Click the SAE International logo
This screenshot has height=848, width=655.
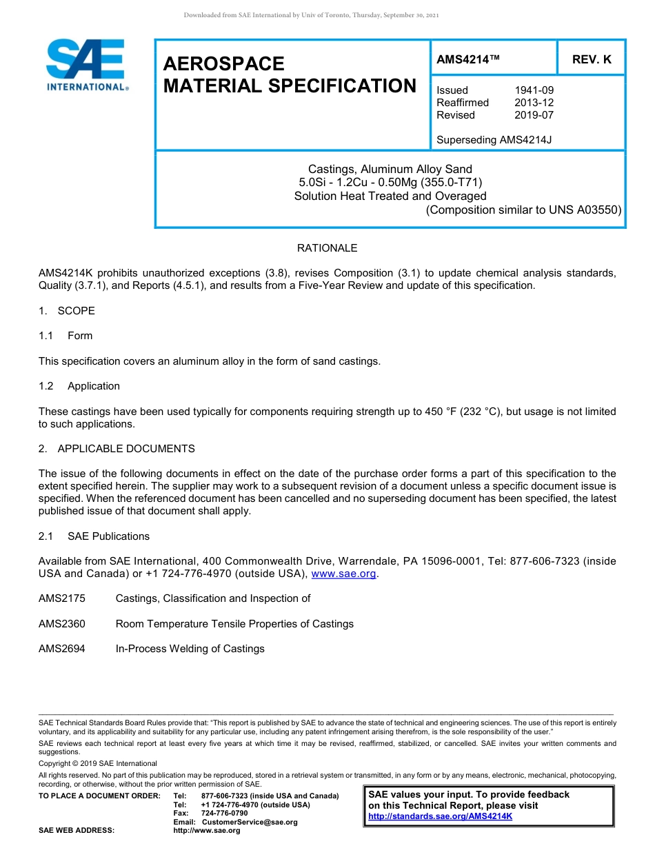tap(85, 65)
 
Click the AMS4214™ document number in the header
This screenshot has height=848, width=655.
tap(467, 60)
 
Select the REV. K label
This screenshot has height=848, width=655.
tap(591, 60)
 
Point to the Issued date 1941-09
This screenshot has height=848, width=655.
tap(534, 90)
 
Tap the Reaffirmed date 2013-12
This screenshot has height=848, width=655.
tap(534, 103)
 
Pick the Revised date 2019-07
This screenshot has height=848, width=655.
tap(534, 115)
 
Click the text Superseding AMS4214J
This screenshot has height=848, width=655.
tap(494, 140)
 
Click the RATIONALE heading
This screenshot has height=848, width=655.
tap(327, 248)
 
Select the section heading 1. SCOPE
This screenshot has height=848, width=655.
tap(67, 311)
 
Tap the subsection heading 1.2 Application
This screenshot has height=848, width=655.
tap(79, 386)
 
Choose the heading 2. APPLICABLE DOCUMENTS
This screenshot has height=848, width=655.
tap(117, 449)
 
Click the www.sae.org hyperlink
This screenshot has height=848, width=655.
tap(344, 574)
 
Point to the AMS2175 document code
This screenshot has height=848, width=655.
tap(62, 598)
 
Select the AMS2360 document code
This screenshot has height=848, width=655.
tap(62, 624)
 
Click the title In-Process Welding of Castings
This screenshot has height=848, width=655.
tap(190, 649)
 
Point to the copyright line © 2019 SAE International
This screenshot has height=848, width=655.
tap(98, 763)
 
